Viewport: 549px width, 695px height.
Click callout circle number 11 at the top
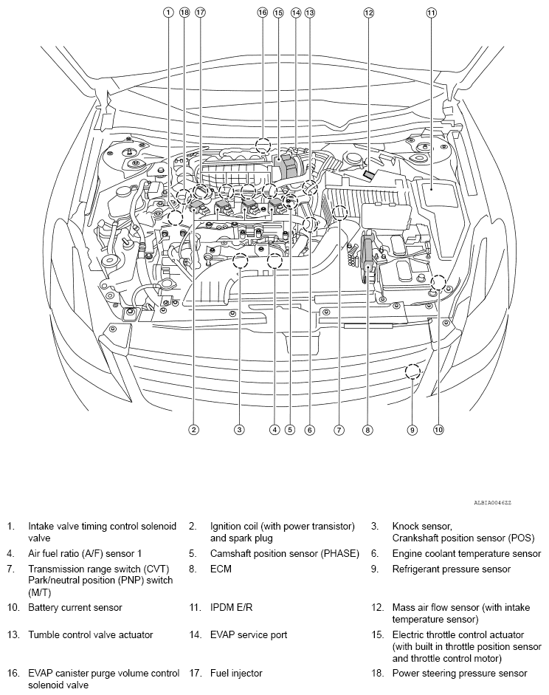click(431, 13)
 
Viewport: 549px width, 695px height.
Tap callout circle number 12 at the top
click(368, 13)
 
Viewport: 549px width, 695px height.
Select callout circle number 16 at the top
click(262, 13)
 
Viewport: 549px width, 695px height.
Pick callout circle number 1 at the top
click(169, 13)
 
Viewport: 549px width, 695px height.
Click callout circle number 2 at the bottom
click(193, 429)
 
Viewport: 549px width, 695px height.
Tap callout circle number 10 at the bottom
click(438, 429)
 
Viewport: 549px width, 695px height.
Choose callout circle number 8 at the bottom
click(367, 429)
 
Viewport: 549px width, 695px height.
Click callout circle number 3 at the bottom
click(239, 429)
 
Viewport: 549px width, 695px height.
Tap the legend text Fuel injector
click(236, 673)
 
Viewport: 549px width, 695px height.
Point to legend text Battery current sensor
click(75, 607)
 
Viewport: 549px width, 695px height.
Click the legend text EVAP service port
click(249, 634)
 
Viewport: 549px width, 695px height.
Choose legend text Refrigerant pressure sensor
click(451, 569)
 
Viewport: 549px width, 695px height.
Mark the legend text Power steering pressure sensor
click(460, 673)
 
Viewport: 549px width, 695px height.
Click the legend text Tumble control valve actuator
click(91, 634)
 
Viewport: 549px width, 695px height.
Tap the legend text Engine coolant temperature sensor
click(466, 553)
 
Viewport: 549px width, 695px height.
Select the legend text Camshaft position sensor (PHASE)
click(284, 553)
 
